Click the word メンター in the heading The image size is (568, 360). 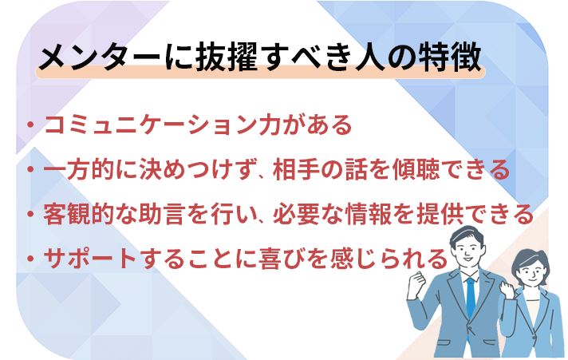click(x=100, y=57)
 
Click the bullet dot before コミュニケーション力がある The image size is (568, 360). click(x=30, y=125)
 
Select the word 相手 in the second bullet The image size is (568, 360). click(x=296, y=170)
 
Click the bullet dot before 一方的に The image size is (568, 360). click(x=30, y=169)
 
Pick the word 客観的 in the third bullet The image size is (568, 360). click(x=79, y=214)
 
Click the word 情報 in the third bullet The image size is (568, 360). click(x=369, y=214)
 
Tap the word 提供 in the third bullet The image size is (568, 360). click(x=440, y=214)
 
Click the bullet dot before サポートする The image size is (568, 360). click(x=30, y=259)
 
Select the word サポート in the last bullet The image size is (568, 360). click(x=90, y=259)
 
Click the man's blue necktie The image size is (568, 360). click(x=471, y=297)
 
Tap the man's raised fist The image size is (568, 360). click(x=416, y=283)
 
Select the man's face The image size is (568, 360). click(x=467, y=251)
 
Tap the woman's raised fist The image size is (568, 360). click(x=506, y=289)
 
